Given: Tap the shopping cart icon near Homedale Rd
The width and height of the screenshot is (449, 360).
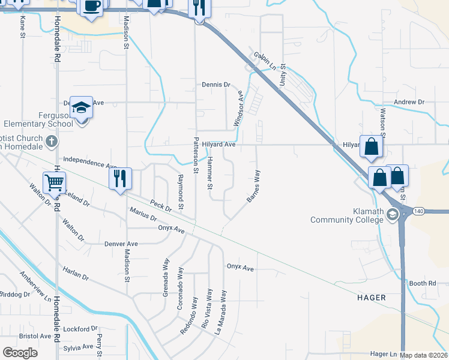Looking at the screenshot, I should click(55, 182).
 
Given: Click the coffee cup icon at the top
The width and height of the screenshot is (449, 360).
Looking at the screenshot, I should click(91, 7).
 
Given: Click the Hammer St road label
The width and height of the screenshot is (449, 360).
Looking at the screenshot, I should click(209, 174).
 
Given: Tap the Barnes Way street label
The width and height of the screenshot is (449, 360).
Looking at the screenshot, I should click(253, 186).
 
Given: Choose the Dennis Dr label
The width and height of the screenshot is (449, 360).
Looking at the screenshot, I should click(216, 85).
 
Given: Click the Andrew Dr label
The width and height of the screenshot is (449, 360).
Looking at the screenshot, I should click(409, 103).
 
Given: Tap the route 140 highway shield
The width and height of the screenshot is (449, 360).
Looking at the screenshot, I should click(418, 211).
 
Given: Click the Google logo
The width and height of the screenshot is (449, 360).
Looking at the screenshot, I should click(20, 353).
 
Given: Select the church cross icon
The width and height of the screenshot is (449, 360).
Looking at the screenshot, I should click(52, 142).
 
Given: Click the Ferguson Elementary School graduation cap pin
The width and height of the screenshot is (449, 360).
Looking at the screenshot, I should click(81, 108).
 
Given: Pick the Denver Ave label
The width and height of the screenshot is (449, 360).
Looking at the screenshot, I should click(121, 244).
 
